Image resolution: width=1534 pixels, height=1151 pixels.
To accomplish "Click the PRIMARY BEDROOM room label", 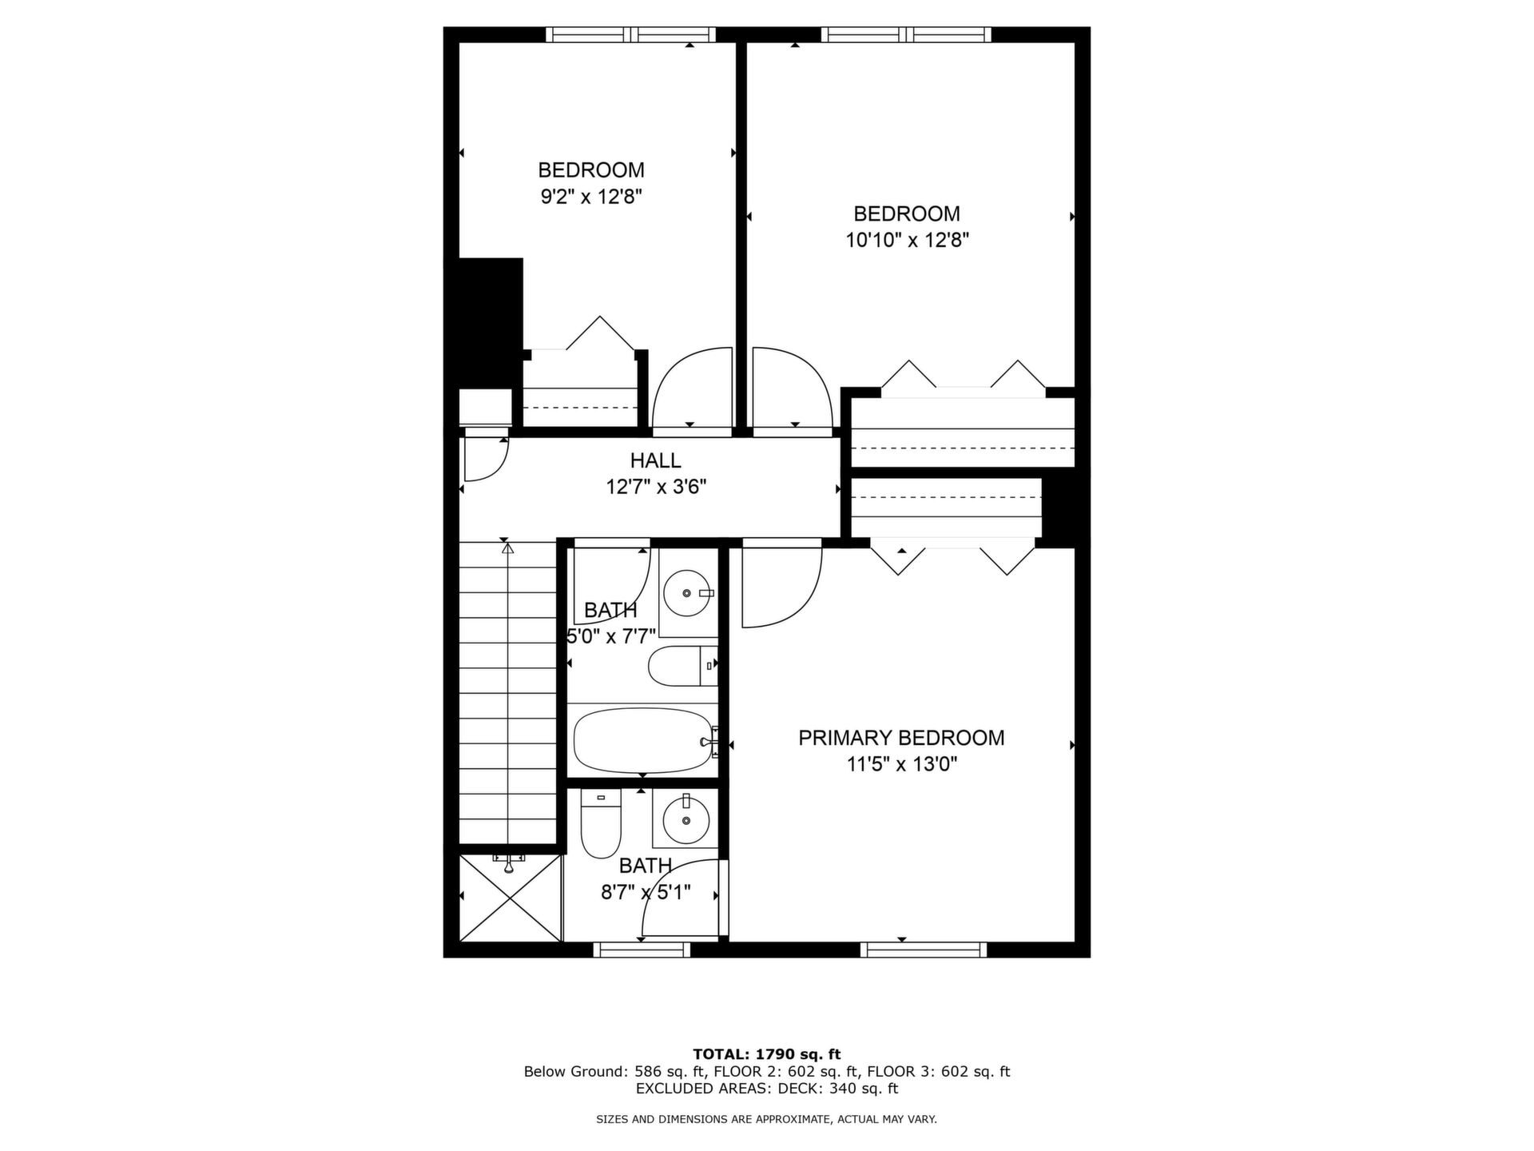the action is (x=901, y=738).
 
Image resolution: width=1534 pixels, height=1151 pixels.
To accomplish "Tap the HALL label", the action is (x=655, y=460).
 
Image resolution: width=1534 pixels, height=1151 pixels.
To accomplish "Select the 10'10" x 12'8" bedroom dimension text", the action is (x=907, y=240).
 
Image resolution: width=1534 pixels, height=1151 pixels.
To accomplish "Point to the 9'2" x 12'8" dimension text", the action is (x=591, y=197).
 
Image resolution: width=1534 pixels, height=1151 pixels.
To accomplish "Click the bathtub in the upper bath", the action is (x=644, y=740).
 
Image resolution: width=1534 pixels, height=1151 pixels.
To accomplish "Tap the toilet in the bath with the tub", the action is (x=682, y=666).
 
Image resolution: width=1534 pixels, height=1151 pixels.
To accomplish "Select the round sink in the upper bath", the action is (x=688, y=593).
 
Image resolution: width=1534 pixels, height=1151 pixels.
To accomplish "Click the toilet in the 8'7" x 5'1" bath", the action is (x=601, y=823).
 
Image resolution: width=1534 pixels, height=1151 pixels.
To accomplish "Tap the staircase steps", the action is (x=507, y=692).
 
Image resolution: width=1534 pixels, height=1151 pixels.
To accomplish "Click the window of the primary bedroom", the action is (x=924, y=950).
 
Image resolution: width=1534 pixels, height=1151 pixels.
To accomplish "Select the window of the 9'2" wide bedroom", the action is (x=631, y=34).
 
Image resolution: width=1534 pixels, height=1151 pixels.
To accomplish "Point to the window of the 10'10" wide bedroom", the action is (x=906, y=34).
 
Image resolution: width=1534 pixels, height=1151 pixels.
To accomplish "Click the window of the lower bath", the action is (x=642, y=950).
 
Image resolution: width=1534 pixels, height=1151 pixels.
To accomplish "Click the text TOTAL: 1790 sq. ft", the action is (x=767, y=1054).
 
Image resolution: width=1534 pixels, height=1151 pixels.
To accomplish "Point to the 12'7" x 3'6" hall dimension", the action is (x=656, y=487).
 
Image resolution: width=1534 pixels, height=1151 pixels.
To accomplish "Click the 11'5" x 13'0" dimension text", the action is (x=902, y=765).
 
